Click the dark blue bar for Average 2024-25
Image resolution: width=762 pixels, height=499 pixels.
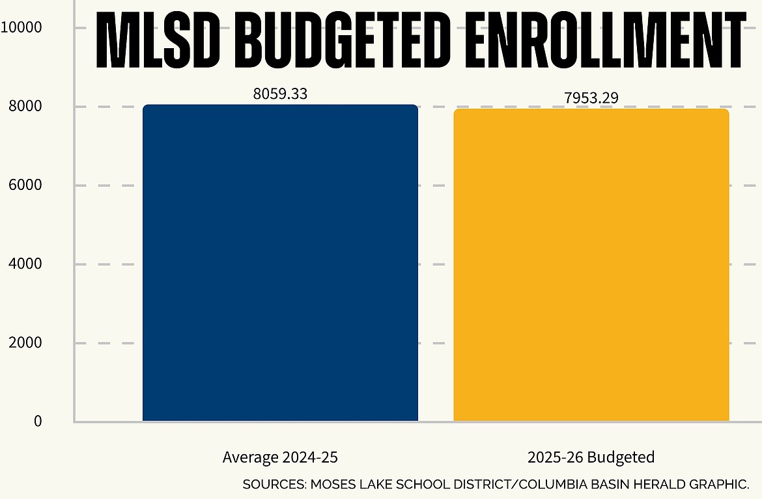280,263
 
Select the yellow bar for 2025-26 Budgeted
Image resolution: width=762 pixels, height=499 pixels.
591,265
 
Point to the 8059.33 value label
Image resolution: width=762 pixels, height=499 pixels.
280,94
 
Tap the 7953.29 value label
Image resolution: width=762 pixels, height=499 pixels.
591,98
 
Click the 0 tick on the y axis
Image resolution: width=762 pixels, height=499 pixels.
38,422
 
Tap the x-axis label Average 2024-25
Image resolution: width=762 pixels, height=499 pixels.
280,457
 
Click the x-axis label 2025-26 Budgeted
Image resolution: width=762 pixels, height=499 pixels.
591,457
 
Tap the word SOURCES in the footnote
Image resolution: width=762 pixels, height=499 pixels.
273,485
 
